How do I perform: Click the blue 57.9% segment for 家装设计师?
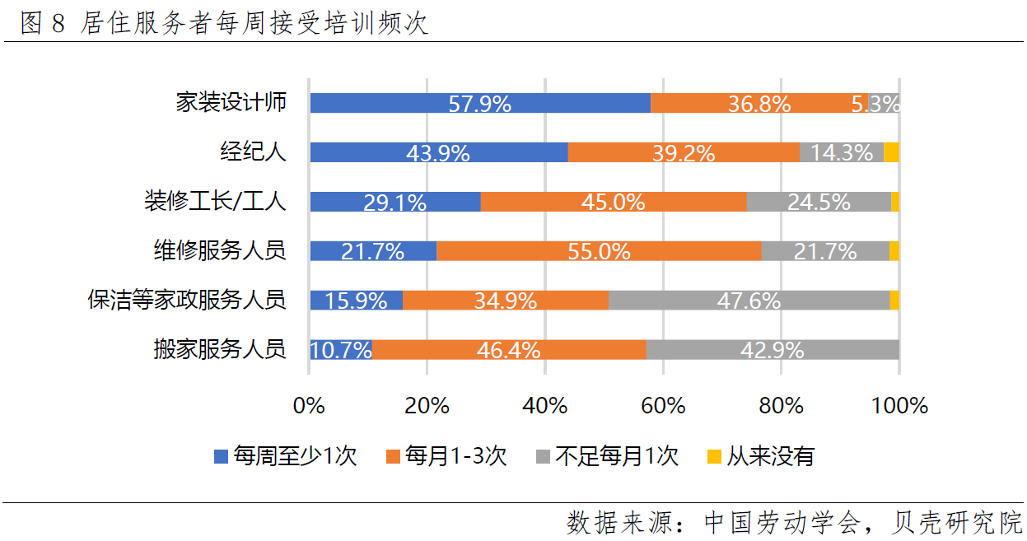pyautogui.click(x=480, y=103)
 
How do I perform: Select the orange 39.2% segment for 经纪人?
pyautogui.click(x=684, y=152)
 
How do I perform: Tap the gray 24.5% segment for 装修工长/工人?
pyautogui.click(x=819, y=202)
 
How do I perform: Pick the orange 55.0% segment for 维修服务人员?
pyautogui.click(x=599, y=251)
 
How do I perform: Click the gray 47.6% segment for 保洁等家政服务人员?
pyautogui.click(x=749, y=301)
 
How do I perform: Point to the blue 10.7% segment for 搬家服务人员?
pyautogui.click(x=341, y=350)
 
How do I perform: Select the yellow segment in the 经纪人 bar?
pyautogui.click(x=891, y=152)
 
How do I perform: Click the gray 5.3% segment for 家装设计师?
pyautogui.click(x=883, y=103)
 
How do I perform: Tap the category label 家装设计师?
pyautogui.click(x=231, y=102)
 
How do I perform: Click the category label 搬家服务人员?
pyautogui.click(x=220, y=349)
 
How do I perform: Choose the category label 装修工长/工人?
pyautogui.click(x=216, y=201)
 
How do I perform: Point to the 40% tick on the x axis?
pyautogui.click(x=545, y=406)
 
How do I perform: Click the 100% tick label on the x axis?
pyautogui.click(x=899, y=406)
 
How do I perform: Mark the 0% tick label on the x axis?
pyautogui.click(x=310, y=406)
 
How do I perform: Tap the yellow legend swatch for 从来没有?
pyautogui.click(x=714, y=456)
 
